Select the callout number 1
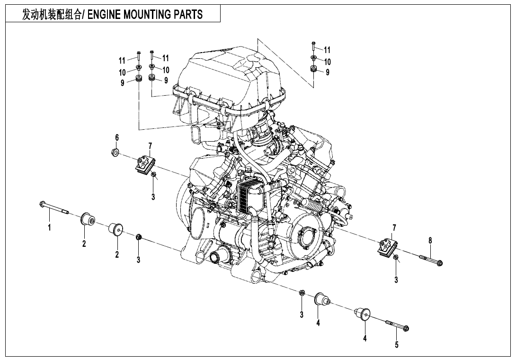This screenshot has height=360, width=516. click(x=49, y=227)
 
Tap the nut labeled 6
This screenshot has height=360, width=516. click(x=114, y=153)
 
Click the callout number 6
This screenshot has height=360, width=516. click(x=116, y=137)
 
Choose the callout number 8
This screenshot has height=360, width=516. click(x=430, y=241)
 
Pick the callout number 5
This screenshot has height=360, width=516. click(x=397, y=345)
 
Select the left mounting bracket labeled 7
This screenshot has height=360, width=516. click(x=144, y=165)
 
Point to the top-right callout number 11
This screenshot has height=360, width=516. click(x=327, y=50)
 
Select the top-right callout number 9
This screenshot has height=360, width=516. click(x=327, y=72)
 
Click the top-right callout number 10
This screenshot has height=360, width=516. click(x=327, y=61)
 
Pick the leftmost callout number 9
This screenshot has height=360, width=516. click(x=122, y=83)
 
